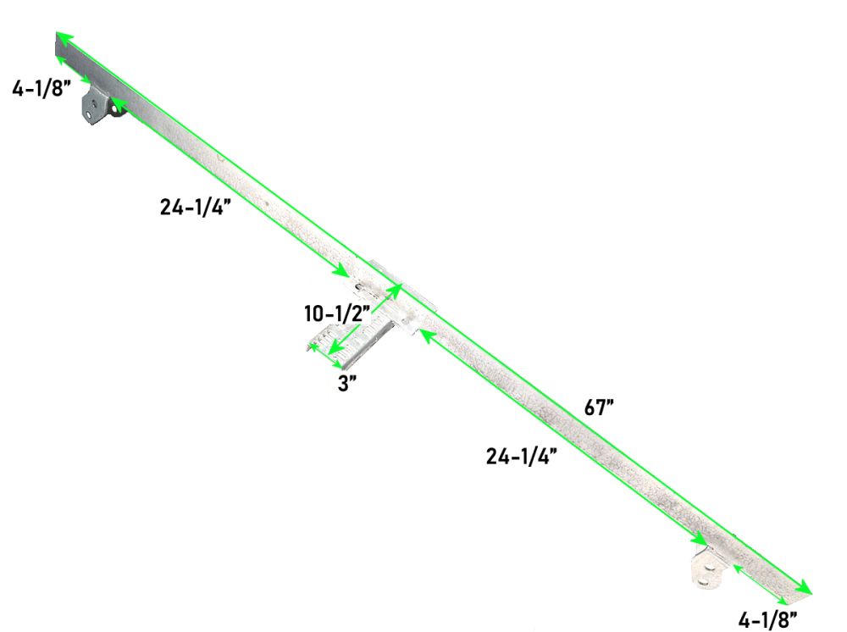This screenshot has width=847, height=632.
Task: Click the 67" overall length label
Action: point(599,407)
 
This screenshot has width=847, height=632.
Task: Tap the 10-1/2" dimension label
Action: point(336,313)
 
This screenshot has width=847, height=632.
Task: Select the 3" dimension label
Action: point(346,384)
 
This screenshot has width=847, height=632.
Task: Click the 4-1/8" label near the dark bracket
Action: point(42,88)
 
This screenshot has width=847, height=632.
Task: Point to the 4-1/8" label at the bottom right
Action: point(767,619)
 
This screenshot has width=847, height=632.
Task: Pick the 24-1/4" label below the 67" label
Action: point(521,457)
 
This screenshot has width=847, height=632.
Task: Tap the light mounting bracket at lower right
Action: point(707,567)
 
